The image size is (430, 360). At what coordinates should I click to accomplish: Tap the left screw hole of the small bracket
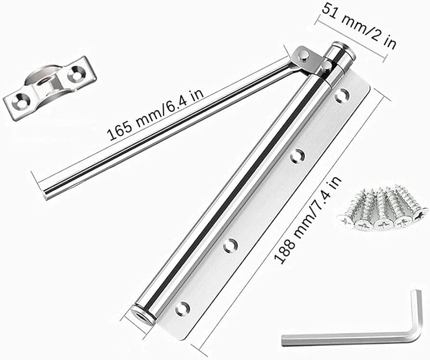[x=20, y=99]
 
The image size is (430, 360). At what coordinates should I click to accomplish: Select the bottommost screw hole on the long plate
[x=183, y=308]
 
